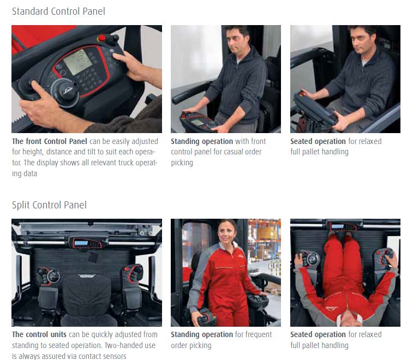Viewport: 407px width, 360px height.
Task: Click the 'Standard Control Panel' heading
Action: [58, 11]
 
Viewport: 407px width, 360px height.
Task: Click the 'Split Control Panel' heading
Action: [49, 205]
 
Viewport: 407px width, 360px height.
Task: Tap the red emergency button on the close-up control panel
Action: [101, 38]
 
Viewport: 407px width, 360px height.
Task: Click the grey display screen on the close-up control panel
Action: [77, 62]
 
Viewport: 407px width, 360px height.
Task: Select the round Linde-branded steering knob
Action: [65, 91]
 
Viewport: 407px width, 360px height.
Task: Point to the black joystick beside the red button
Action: [113, 40]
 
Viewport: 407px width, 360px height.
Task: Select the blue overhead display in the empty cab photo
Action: [81, 243]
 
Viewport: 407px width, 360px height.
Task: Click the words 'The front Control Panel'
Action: [49, 141]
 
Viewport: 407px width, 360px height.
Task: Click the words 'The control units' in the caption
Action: [39, 334]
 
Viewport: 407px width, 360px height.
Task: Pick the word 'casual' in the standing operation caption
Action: [233, 152]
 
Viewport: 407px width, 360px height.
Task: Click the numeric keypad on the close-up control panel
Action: [88, 79]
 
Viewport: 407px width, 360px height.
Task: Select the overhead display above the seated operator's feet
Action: [343, 226]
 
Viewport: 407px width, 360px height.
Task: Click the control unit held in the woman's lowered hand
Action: [206, 318]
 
